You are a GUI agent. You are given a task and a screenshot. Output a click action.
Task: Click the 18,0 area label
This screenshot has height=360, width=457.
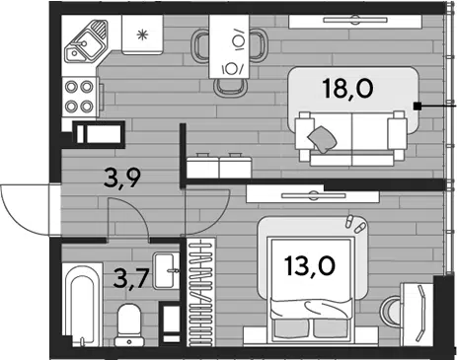tap(348, 89)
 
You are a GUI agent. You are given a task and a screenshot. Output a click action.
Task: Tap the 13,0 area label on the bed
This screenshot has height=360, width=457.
tap(310, 265)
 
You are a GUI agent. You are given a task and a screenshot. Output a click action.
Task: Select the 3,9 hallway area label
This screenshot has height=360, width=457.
tap(122, 178)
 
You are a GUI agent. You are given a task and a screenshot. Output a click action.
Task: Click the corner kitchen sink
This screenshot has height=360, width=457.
tap(86, 41)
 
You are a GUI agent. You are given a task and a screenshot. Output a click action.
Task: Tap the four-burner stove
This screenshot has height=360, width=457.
tap(80, 97)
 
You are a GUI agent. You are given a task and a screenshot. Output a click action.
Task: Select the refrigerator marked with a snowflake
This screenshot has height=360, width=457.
tap(142, 35)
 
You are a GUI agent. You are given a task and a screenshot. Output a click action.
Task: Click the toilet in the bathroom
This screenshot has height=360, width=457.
tap(129, 324)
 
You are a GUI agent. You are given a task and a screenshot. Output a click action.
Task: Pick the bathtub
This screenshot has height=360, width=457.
tap(82, 305)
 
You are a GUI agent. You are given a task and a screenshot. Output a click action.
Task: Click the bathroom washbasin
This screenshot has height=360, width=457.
tap(167, 271)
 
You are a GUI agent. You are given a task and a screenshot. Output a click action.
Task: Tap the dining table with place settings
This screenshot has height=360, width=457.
tap(229, 46)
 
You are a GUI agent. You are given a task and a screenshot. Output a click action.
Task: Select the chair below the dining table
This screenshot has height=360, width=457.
tap(230, 87)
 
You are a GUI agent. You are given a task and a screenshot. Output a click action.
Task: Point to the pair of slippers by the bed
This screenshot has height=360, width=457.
tap(355, 224)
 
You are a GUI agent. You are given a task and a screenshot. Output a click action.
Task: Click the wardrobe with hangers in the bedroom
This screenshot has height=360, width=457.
tap(201, 292)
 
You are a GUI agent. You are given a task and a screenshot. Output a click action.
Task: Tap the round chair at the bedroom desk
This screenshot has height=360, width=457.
tap(391, 311)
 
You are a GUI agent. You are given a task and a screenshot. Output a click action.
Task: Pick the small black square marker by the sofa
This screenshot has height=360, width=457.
tap(418, 106)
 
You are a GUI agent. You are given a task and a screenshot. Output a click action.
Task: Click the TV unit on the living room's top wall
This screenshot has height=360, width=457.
tap(355, 22)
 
